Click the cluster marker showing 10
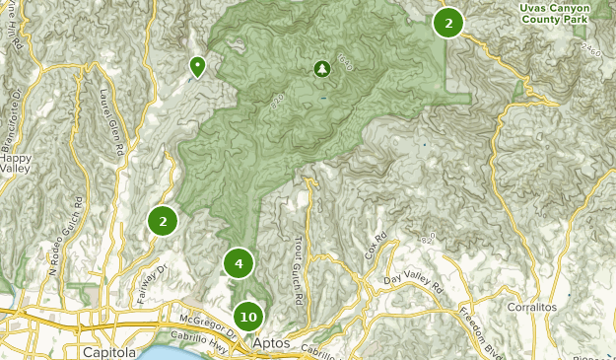click(x=248, y=317)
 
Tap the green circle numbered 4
click(x=239, y=263)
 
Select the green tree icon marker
click(x=321, y=69)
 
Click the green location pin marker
click(x=197, y=66)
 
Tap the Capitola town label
click(x=109, y=352)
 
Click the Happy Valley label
click(x=16, y=164)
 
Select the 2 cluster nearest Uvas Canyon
click(x=448, y=23)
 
